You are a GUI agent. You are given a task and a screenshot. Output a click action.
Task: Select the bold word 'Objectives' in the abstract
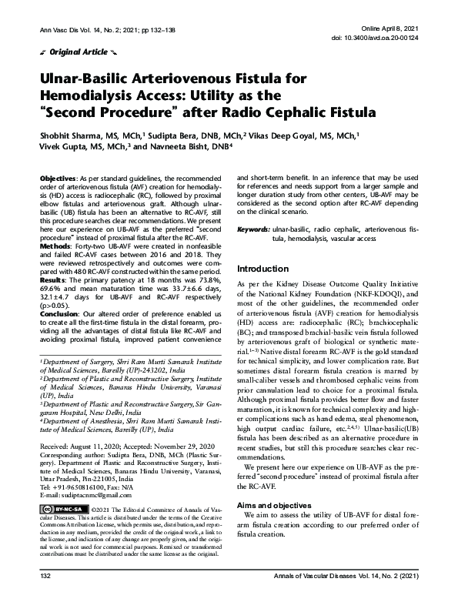(59, 178)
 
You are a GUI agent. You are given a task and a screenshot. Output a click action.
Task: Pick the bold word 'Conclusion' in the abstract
(60, 313)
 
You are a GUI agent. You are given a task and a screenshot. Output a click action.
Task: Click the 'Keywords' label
(252, 229)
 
